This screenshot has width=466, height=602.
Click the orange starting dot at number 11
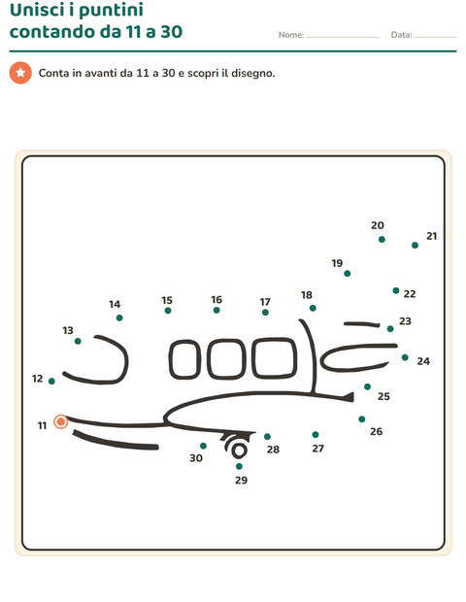[60, 421]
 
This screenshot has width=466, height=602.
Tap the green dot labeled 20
[382, 239]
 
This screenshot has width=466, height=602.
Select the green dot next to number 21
[415, 245]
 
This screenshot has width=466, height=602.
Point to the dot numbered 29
[239, 466]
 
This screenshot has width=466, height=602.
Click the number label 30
[196, 458]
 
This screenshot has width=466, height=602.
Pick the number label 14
[115, 305]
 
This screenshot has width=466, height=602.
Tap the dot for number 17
[265, 312]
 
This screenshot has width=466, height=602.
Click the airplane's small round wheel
[239, 451]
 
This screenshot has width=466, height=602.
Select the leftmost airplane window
[184, 359]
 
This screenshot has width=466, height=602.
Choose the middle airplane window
[226, 359]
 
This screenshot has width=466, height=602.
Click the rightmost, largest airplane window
[275, 358]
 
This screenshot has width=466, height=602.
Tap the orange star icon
[20, 73]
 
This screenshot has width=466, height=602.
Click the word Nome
[291, 35]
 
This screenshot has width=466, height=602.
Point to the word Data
[401, 35]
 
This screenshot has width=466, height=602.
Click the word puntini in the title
[111, 10]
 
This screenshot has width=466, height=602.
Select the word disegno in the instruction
[252, 73]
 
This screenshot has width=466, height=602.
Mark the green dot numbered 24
[405, 357]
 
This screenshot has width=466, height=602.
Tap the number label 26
[376, 431]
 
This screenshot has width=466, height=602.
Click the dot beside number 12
[51, 381]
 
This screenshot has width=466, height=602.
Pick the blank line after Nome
[343, 37]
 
